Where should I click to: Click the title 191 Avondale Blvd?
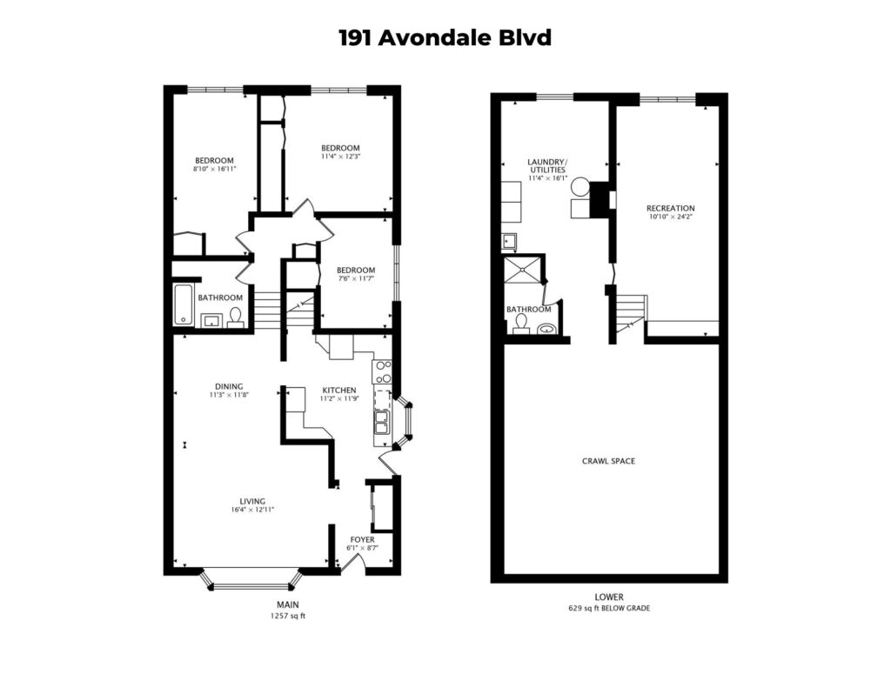[x=445, y=38]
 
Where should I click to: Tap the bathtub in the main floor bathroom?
[x=184, y=304]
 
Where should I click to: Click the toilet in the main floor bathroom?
[x=235, y=318]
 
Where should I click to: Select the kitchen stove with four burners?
[x=382, y=371]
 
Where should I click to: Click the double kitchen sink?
[x=382, y=422]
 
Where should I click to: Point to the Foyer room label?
[x=363, y=539]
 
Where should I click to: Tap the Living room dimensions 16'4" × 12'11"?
[x=252, y=510]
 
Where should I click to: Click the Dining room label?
[x=229, y=386]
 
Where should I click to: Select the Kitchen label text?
[x=339, y=391]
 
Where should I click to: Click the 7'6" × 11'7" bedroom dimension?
[x=356, y=279]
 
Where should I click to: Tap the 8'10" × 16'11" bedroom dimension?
[x=214, y=169]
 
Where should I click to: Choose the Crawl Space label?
[x=608, y=461]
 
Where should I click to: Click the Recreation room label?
[x=671, y=208]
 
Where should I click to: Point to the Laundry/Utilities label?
[x=548, y=165]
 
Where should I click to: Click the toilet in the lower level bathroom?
[x=520, y=324]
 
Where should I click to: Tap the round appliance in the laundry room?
[x=580, y=187]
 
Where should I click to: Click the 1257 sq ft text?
[x=287, y=616]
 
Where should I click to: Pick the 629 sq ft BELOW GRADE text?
[x=609, y=608]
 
